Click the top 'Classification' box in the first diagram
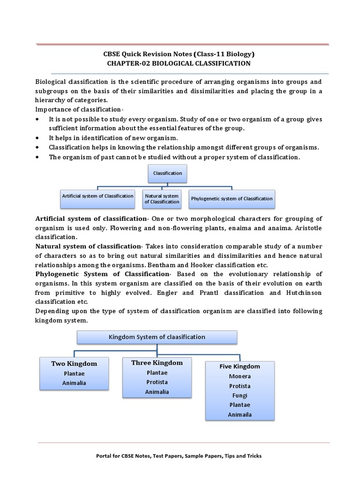click(167, 173)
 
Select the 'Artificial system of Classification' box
click(97, 196)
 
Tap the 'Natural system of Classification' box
click(162, 199)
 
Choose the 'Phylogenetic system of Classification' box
click(232, 199)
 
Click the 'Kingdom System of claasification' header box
click(157, 337)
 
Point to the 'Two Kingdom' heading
click(74, 364)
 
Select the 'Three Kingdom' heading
click(157, 363)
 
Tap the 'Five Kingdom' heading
click(240, 367)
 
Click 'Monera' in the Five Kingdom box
click(240, 376)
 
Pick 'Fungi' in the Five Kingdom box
click(240, 396)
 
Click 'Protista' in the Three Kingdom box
click(157, 382)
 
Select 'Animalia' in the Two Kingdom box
click(74, 383)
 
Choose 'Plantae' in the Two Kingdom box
click(74, 374)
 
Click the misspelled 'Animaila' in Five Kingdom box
click(240, 415)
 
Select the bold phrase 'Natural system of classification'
click(89, 247)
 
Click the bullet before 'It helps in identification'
click(37, 138)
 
